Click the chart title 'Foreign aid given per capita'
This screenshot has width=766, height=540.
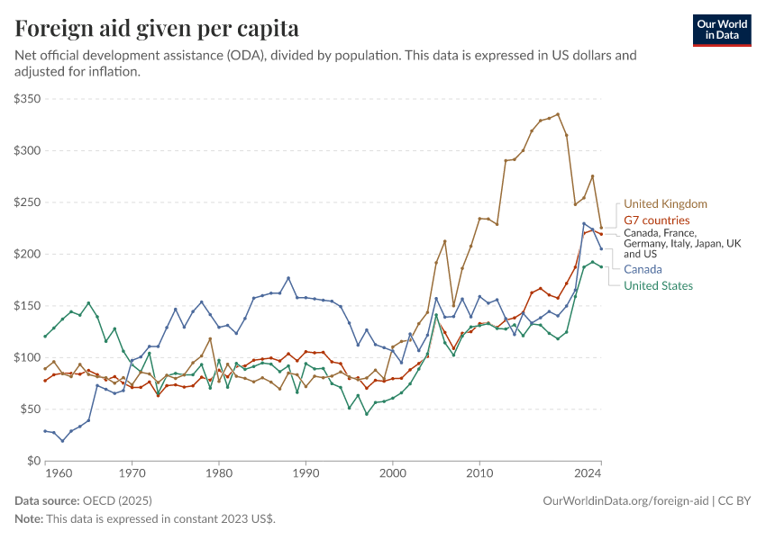[157, 29]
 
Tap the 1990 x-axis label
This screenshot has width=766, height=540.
[305, 472]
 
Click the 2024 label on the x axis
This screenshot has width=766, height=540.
[588, 472]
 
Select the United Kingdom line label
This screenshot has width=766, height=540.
[665, 204]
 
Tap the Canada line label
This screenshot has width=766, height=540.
[643, 269]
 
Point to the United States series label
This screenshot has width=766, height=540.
[658, 285]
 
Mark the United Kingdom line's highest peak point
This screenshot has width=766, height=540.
[558, 114]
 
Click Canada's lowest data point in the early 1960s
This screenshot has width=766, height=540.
[62, 441]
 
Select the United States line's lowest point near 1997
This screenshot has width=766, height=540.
[367, 414]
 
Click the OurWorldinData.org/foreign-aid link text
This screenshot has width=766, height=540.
[627, 499]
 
